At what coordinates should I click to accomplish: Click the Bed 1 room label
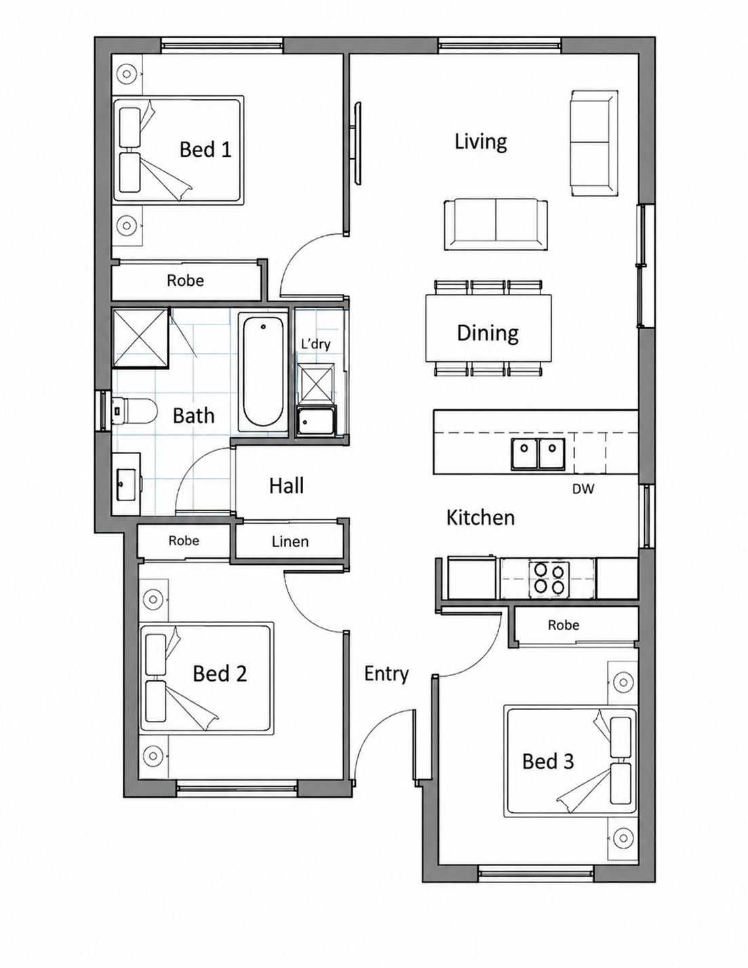(205, 149)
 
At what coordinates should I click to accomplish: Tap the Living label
(481, 142)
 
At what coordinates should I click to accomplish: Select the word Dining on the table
(488, 333)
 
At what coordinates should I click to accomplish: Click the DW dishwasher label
(583, 489)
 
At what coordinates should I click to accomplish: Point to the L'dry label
(316, 344)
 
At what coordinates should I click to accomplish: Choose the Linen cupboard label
(290, 542)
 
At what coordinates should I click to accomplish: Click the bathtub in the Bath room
(262, 371)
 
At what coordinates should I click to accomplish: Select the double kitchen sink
(538, 454)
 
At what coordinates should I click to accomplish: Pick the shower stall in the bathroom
(140, 338)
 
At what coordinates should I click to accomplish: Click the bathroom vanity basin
(126, 484)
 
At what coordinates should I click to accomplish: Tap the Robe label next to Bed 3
(564, 625)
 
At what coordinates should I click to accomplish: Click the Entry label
(387, 674)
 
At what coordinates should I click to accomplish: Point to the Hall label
(287, 485)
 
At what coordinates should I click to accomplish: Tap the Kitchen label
(481, 518)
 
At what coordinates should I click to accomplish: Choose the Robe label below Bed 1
(185, 280)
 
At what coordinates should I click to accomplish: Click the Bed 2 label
(220, 673)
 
